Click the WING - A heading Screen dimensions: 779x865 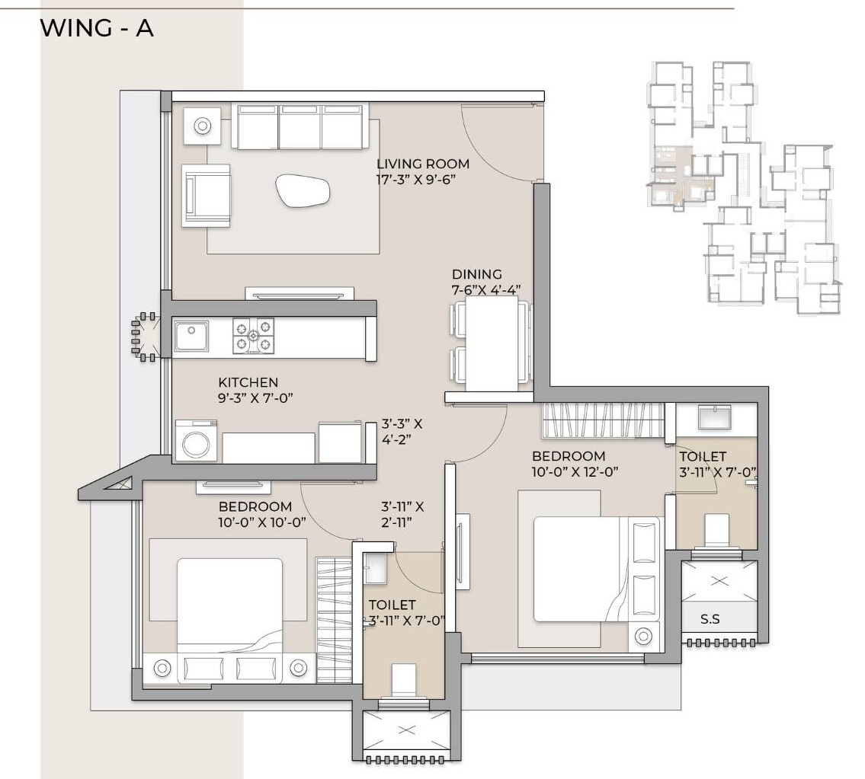coord(97,28)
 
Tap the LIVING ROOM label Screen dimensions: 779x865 coord(423,164)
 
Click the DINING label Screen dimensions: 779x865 coord(477,274)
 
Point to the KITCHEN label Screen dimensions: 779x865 coord(248,382)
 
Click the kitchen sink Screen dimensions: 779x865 coord(191,336)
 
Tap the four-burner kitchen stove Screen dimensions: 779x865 coord(254,336)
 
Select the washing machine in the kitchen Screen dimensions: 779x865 coord(197,442)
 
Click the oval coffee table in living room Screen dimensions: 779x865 coord(303,190)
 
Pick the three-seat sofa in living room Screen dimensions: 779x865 coord(300,126)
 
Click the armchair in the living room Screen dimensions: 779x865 coord(206,195)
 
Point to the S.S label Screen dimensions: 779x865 coord(710,619)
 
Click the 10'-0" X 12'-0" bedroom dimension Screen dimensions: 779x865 coord(575,471)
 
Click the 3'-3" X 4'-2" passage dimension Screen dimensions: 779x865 coord(402,431)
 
